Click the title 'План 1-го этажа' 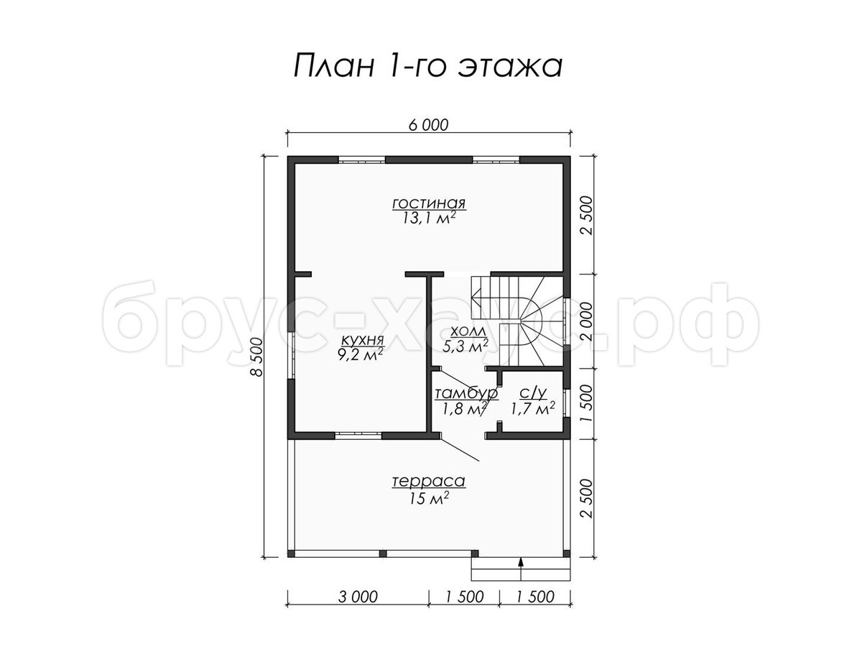click(x=428, y=65)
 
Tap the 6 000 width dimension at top click(x=428, y=125)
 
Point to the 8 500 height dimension click(x=257, y=357)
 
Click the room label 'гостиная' click(x=429, y=203)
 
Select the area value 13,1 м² click(x=429, y=219)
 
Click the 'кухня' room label click(x=362, y=340)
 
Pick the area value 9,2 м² click(x=361, y=355)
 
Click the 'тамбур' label click(x=466, y=393)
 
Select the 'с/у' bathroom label click(x=533, y=393)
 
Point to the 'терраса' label click(x=428, y=482)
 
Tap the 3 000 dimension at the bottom click(x=358, y=597)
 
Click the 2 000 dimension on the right click(x=586, y=321)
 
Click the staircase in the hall click(x=519, y=321)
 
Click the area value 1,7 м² click(x=533, y=409)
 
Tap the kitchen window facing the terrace click(x=358, y=434)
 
